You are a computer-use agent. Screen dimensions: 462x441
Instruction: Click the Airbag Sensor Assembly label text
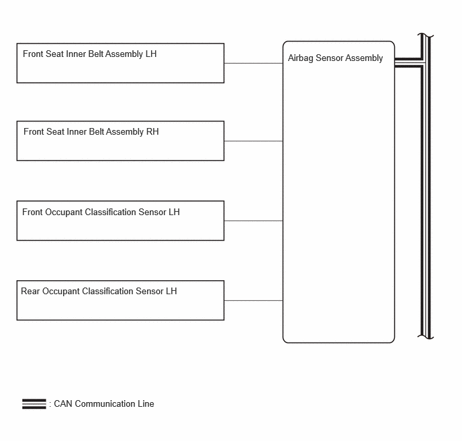click(335, 58)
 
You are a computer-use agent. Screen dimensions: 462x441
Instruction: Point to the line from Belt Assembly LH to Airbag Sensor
click(253, 63)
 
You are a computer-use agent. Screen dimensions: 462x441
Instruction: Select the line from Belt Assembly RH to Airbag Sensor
click(253, 141)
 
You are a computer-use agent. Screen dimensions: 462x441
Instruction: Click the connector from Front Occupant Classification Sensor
click(253, 220)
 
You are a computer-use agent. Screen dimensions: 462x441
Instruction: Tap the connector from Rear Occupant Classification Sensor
click(253, 300)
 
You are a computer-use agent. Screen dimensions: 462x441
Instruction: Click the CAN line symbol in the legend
click(34, 404)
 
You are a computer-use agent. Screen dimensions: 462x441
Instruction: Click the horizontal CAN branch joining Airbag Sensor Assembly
click(409, 62)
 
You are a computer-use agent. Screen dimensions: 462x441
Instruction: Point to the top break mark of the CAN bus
click(426, 36)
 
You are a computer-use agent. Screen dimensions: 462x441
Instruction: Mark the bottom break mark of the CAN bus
click(426, 336)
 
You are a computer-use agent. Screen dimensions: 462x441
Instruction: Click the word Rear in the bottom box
click(30, 291)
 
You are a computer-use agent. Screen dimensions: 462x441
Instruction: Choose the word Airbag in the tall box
click(301, 58)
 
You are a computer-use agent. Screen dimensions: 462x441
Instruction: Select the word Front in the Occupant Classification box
click(32, 212)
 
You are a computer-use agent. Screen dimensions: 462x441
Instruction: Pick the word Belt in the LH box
click(96, 54)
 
